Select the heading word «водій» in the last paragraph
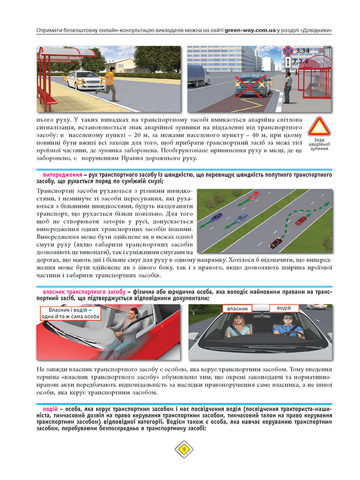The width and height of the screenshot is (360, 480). tap(44, 409)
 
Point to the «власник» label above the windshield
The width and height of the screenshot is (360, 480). tap(239, 308)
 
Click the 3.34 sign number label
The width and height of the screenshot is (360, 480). tap(303, 51)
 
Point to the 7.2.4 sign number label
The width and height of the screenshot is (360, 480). tap(301, 61)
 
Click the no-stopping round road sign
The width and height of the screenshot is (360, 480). tap(289, 51)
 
